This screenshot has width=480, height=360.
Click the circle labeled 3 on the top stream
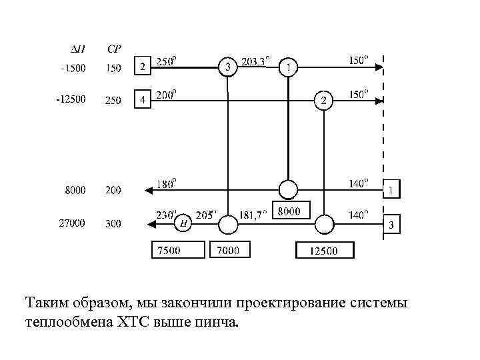229,67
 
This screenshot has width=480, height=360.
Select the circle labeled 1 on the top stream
288,67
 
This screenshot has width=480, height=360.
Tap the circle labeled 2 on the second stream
323,101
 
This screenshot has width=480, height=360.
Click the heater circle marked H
183,224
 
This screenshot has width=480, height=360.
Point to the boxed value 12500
325,250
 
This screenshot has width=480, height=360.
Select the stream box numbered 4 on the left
142,100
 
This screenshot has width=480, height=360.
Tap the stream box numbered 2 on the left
142,66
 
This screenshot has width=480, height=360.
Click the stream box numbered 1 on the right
391,190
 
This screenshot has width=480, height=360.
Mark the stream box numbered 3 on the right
391,225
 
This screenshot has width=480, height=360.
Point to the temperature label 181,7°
253,214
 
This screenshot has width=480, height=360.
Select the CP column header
114,49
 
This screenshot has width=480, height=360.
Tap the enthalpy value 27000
72,224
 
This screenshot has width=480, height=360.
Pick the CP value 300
113,224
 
